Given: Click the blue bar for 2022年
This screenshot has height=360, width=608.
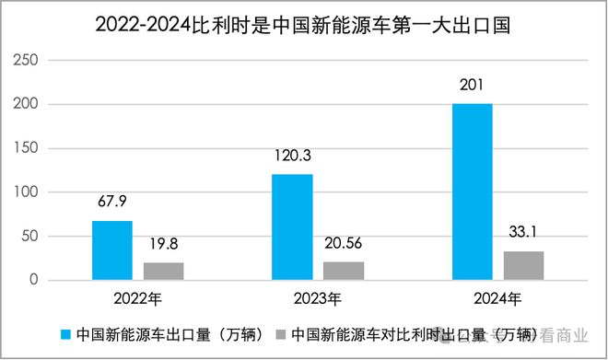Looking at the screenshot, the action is [x=112, y=250].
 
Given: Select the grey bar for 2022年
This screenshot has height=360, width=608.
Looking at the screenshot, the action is [x=164, y=272].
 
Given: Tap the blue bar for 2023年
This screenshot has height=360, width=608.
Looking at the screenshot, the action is [x=292, y=227].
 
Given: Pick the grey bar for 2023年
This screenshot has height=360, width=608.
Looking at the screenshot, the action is [x=344, y=271].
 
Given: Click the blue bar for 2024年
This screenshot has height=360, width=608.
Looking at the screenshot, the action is [x=473, y=192].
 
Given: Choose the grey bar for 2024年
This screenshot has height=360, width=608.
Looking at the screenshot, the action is [x=524, y=265].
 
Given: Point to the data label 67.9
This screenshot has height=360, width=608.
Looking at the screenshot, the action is [x=112, y=201].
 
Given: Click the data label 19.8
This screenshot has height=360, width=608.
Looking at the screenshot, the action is [x=164, y=244].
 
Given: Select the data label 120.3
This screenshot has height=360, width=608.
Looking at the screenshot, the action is [x=293, y=156].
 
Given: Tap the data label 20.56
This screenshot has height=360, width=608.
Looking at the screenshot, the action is [x=344, y=243].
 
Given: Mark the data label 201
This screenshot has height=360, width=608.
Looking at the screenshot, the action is [x=472, y=85].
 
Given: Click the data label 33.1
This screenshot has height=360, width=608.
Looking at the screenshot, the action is [x=522, y=232].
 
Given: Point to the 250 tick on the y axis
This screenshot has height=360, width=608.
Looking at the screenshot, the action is [x=26, y=60].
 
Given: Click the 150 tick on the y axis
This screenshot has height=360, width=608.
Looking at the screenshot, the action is [x=26, y=148].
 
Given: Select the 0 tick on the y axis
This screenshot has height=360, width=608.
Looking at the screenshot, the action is [x=34, y=280].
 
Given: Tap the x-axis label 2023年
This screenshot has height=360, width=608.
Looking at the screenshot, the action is [x=318, y=299].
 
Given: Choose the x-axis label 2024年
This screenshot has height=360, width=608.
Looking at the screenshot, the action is [x=497, y=299].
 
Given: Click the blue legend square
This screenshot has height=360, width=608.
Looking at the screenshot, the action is [x=66, y=334].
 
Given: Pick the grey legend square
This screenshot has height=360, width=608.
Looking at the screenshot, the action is [x=281, y=334].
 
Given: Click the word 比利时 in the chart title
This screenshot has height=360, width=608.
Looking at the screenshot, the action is [x=221, y=26].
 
